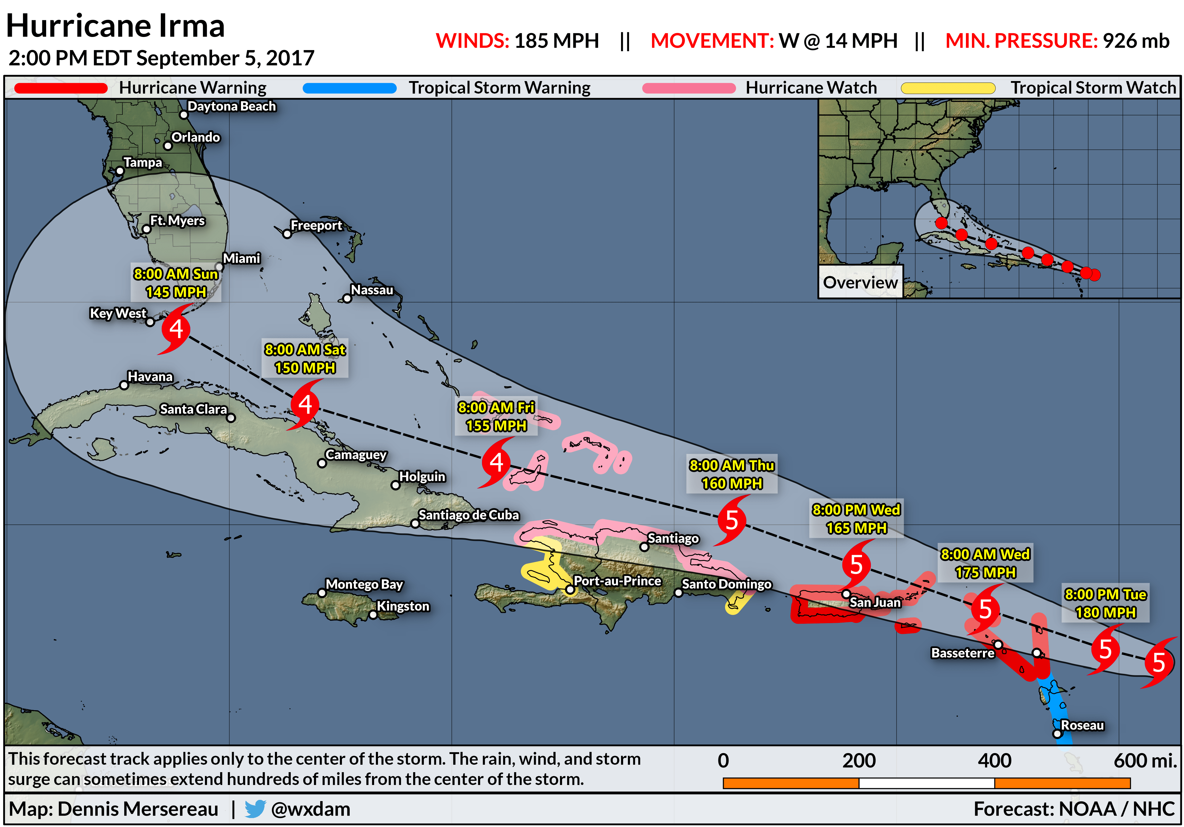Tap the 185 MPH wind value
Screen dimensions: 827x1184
click(x=556, y=41)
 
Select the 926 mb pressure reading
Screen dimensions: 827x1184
click(x=1135, y=41)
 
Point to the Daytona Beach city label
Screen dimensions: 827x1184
click(x=231, y=106)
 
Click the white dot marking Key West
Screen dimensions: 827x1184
click(x=150, y=322)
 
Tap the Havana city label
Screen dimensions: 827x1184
click(x=150, y=377)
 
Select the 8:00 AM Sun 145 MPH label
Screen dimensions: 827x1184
click(x=176, y=283)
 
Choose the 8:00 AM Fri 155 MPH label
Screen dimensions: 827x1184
click(x=496, y=416)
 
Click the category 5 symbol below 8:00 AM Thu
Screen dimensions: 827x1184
click(x=731, y=520)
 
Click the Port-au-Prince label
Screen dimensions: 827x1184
click(x=617, y=581)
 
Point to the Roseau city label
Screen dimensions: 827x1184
click(x=1082, y=725)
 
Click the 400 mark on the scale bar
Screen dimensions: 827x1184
click(x=994, y=761)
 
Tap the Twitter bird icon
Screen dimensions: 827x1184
click(x=255, y=809)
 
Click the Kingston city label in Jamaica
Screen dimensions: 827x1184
click(x=403, y=606)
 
